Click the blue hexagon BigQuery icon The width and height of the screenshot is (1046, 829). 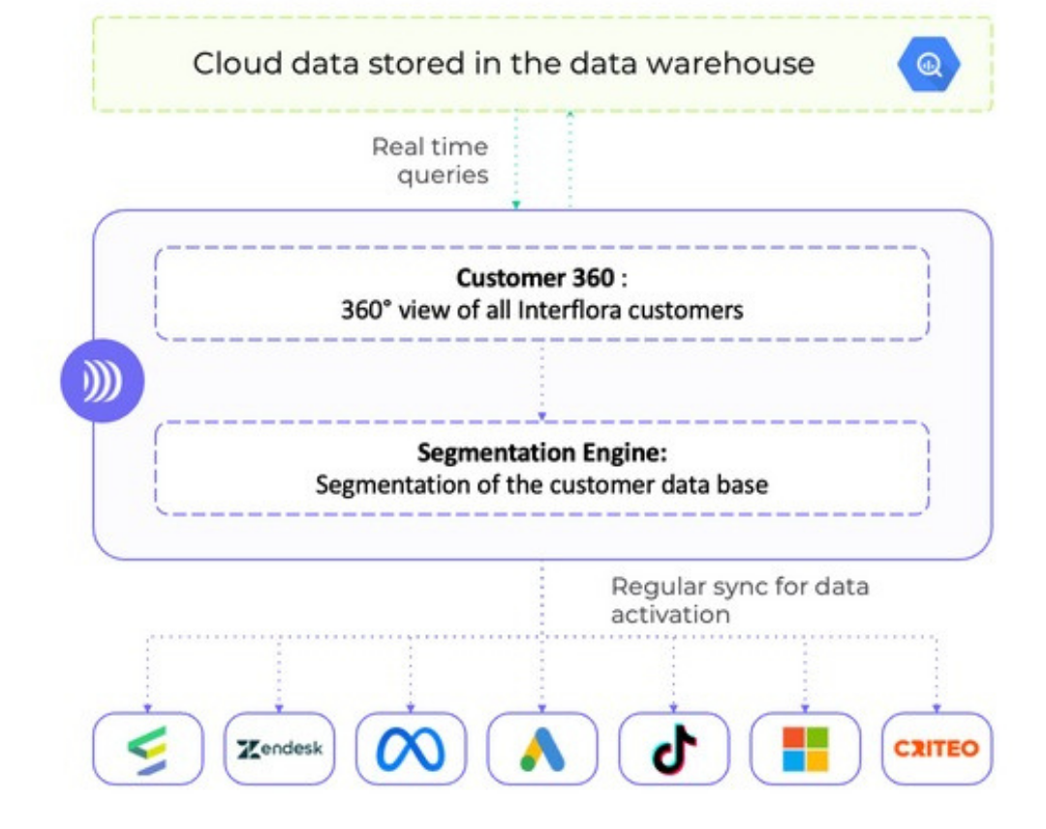929,64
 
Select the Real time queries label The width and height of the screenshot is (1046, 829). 429,161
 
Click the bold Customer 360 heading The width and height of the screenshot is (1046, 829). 535,278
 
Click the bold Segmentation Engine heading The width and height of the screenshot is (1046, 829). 541,452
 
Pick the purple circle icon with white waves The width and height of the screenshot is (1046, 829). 102,382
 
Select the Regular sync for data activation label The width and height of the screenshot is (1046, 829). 739,599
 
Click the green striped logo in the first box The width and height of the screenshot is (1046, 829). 147,749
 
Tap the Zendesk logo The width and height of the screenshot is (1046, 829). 279,749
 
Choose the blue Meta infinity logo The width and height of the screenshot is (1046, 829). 411,749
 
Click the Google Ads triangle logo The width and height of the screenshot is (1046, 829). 541,749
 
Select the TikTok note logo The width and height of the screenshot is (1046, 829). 674,749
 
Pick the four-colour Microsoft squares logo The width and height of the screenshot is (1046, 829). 805,749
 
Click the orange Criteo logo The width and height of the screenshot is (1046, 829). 937,749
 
